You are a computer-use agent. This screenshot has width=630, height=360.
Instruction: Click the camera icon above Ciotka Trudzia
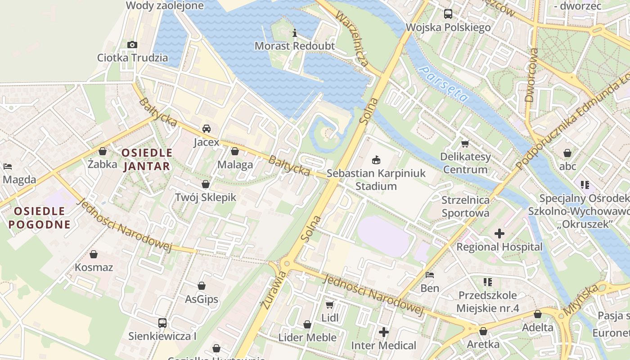132,45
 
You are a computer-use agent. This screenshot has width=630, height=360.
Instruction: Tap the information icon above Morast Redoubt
295,33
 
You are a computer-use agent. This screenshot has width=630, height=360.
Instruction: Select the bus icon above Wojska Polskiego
448,14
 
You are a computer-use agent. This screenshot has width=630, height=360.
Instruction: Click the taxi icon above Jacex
207,129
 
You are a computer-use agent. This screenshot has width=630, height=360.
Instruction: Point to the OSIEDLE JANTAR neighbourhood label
147,159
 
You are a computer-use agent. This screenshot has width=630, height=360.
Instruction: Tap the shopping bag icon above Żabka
103,151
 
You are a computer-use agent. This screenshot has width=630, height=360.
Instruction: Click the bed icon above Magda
8,166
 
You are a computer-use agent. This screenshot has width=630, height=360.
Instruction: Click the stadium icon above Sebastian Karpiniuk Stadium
376,160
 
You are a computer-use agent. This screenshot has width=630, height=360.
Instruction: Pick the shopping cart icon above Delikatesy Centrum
465,144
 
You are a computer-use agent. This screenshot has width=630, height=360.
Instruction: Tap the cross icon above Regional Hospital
499,234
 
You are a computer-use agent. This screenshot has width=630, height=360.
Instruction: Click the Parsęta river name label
443,83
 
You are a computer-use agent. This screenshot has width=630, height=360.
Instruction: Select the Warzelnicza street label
352,39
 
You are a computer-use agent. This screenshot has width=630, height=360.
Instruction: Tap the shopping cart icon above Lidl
330,305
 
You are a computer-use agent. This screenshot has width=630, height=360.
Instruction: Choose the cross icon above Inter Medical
384,333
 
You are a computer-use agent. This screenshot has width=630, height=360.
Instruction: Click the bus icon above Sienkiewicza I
162,323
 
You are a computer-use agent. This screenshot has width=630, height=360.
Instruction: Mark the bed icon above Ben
430,275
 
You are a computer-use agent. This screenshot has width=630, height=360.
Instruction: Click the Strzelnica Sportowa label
465,207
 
